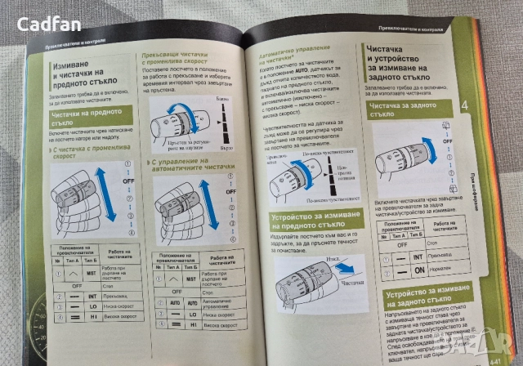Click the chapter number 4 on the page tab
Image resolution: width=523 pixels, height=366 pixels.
pos(465,107)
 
